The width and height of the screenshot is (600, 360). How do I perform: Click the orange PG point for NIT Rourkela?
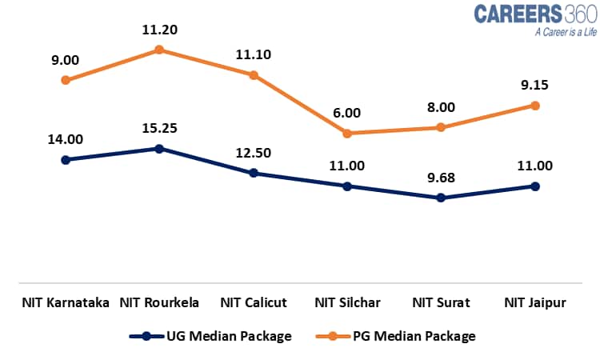159,50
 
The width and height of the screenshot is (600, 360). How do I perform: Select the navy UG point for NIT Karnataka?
66,159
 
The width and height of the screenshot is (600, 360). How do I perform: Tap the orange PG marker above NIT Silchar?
347,133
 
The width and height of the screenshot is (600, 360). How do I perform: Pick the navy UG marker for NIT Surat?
441,197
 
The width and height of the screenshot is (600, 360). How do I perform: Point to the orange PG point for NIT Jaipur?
535,106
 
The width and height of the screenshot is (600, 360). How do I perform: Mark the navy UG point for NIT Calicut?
253,173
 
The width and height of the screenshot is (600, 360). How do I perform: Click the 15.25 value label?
159,128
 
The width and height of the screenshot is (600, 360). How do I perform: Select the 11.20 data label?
159,30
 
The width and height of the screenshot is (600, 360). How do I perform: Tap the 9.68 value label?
441,177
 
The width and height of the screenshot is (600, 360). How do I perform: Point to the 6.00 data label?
347,113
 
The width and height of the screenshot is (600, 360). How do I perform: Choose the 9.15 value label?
535,86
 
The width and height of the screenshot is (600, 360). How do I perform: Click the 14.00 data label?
66,139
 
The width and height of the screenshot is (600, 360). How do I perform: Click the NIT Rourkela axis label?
159,303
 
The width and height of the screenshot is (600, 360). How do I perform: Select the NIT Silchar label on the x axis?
347,303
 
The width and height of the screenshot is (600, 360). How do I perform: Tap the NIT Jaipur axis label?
535,303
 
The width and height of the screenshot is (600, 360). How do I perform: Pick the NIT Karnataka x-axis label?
66,303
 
